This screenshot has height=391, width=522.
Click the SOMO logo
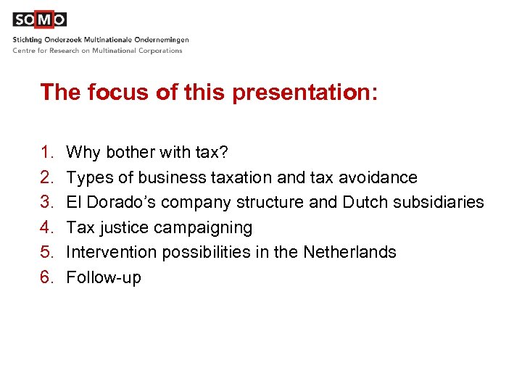point(39,20)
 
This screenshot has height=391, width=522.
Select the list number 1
point(46,153)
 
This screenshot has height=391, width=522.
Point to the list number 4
point(46,227)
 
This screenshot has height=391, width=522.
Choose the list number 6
point(46,277)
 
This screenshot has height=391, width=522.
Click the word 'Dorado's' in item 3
point(113,203)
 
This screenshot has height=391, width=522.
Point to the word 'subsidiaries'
point(439,203)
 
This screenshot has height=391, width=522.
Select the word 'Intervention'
point(111,253)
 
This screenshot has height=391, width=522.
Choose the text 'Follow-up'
point(103,278)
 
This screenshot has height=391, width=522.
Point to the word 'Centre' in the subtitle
point(25,51)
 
